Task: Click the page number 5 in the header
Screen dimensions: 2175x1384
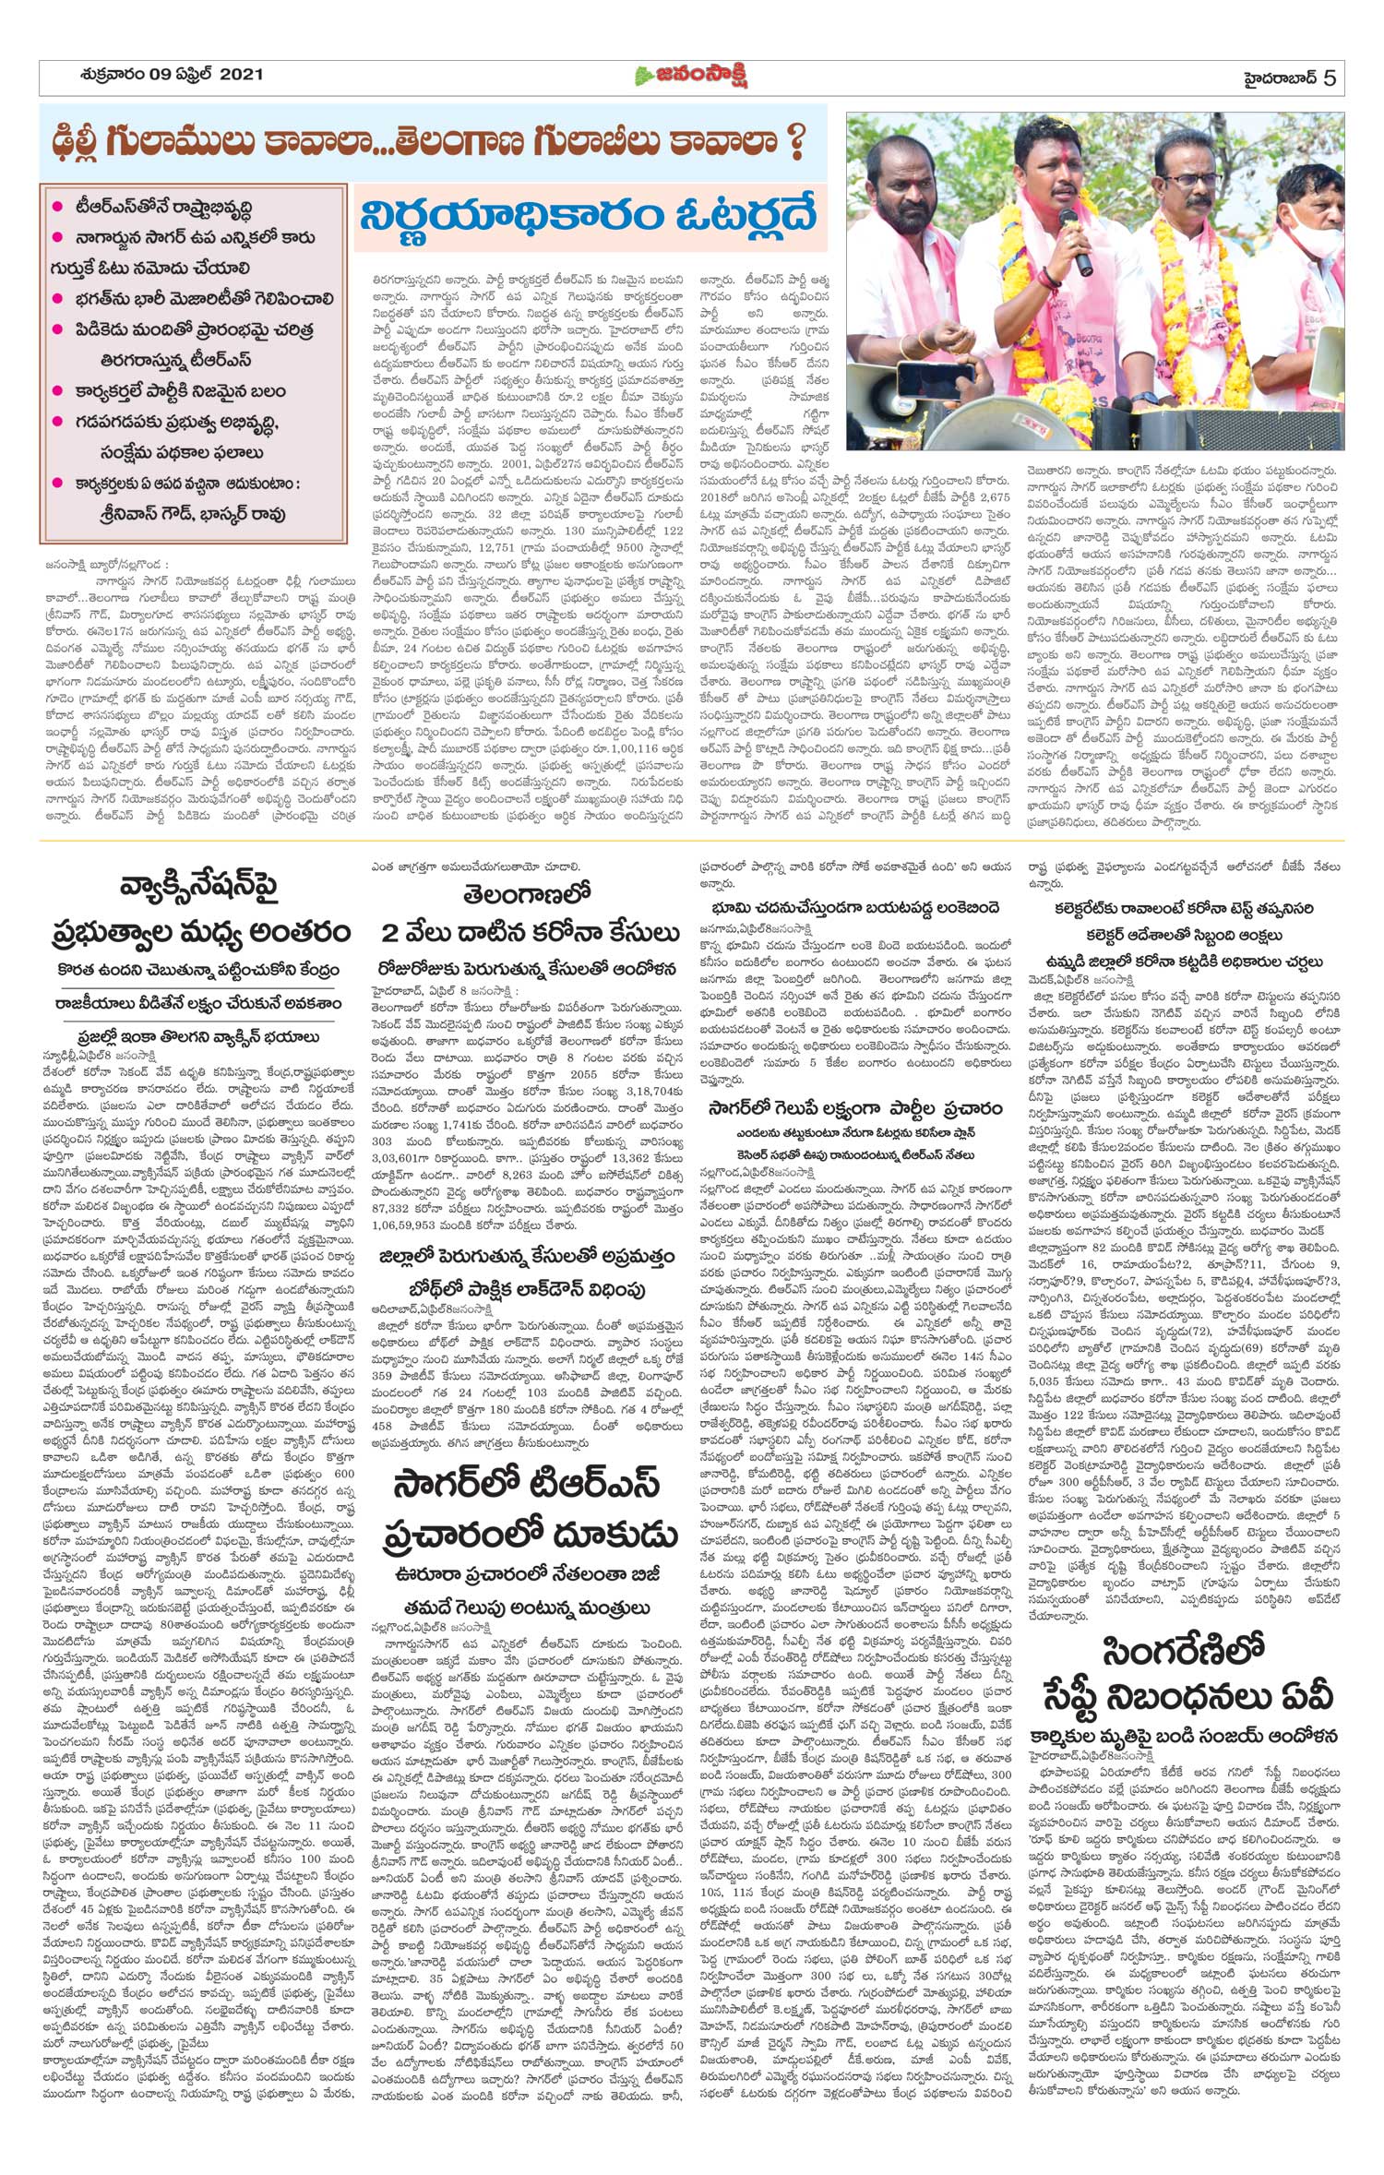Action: (1329, 78)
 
